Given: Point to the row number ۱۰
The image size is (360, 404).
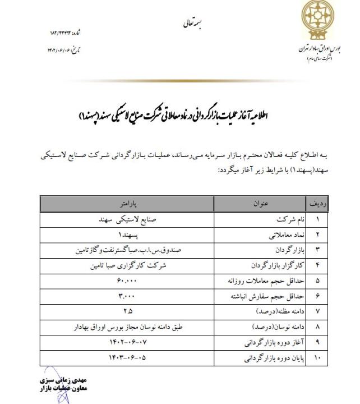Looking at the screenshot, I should pyautogui.click(x=313, y=356).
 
